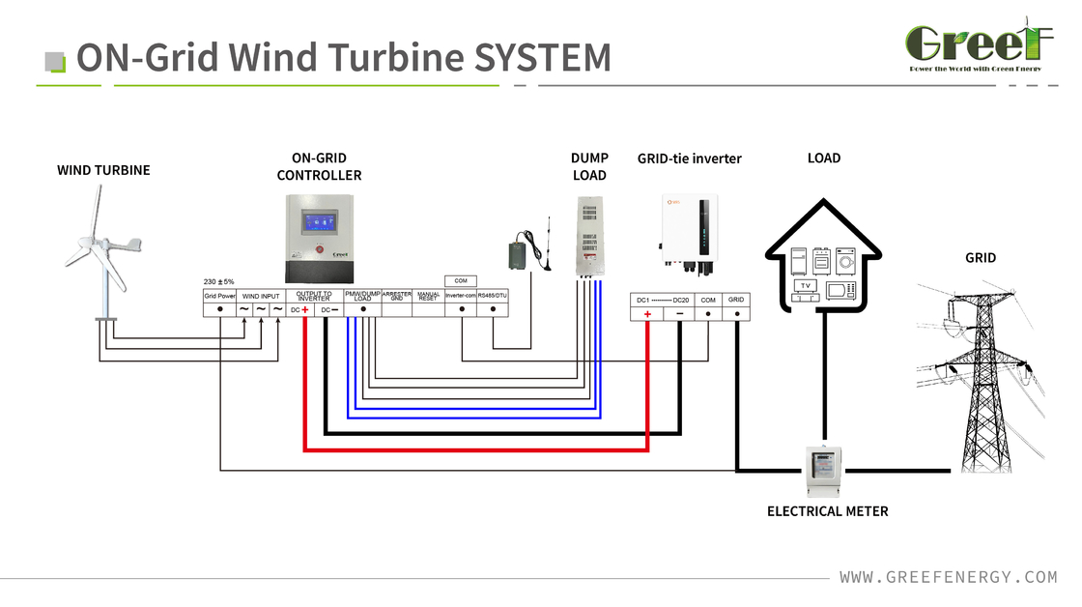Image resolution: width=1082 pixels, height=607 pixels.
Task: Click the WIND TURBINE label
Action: (x=103, y=170)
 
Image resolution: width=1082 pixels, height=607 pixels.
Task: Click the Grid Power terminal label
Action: (x=219, y=296)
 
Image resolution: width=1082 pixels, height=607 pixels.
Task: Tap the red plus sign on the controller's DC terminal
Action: (x=304, y=310)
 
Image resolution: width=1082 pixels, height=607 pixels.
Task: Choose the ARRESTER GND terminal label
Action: (x=397, y=296)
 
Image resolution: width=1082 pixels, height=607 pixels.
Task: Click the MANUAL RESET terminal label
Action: (x=428, y=296)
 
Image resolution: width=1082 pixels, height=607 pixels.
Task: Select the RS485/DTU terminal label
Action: (x=493, y=296)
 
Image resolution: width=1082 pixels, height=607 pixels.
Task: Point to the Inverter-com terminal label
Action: (x=461, y=296)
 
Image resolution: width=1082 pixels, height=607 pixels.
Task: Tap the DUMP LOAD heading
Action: (x=589, y=166)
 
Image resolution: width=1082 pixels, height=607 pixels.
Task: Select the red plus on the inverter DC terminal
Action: (x=647, y=314)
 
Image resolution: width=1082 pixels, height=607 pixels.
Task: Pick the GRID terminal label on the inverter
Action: (x=736, y=300)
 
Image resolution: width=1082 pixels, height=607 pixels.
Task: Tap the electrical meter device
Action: (x=825, y=472)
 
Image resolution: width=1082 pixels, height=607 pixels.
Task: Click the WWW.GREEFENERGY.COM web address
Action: (x=948, y=577)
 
